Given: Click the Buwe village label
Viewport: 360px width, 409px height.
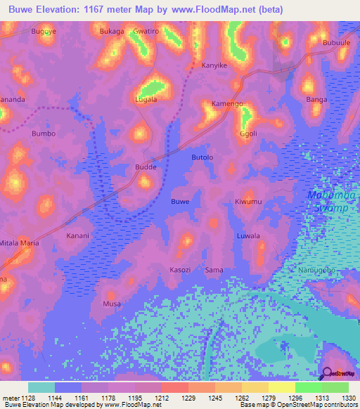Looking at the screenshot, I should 180,202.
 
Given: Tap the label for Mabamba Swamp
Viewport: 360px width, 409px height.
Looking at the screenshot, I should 332,200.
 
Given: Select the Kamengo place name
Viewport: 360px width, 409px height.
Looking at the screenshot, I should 227,104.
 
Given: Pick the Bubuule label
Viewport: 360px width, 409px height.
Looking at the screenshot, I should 336,42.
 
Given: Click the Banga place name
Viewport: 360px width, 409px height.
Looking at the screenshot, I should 317,100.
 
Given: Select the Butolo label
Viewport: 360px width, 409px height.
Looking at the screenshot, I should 202,157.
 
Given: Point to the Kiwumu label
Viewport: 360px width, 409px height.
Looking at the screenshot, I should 248,202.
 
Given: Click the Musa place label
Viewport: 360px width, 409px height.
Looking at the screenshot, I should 112,304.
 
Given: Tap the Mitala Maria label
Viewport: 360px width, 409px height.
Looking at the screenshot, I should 19,242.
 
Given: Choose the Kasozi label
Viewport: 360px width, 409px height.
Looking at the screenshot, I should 181,270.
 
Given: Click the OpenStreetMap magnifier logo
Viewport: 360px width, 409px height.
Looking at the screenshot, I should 325,373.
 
